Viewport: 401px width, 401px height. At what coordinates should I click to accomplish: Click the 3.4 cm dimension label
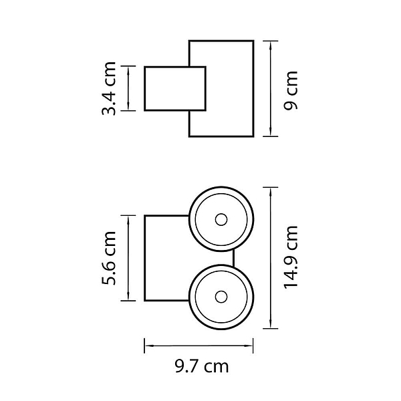[x=109, y=88]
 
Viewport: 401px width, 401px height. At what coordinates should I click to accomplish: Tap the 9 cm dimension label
[x=291, y=90]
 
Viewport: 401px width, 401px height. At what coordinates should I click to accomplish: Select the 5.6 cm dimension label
[x=109, y=258]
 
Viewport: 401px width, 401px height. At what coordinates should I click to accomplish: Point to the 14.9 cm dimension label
[x=291, y=257]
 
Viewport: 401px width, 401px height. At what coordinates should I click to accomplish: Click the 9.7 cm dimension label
[x=202, y=366]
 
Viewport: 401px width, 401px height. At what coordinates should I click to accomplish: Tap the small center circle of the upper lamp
[x=221, y=220]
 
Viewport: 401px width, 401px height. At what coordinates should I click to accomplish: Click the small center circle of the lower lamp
[x=221, y=297]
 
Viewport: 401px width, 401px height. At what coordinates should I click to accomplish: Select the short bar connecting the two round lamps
[x=233, y=258]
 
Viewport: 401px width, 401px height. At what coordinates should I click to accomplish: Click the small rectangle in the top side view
[x=175, y=88]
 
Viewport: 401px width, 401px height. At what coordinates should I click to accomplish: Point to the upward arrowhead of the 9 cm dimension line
[x=270, y=45]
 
